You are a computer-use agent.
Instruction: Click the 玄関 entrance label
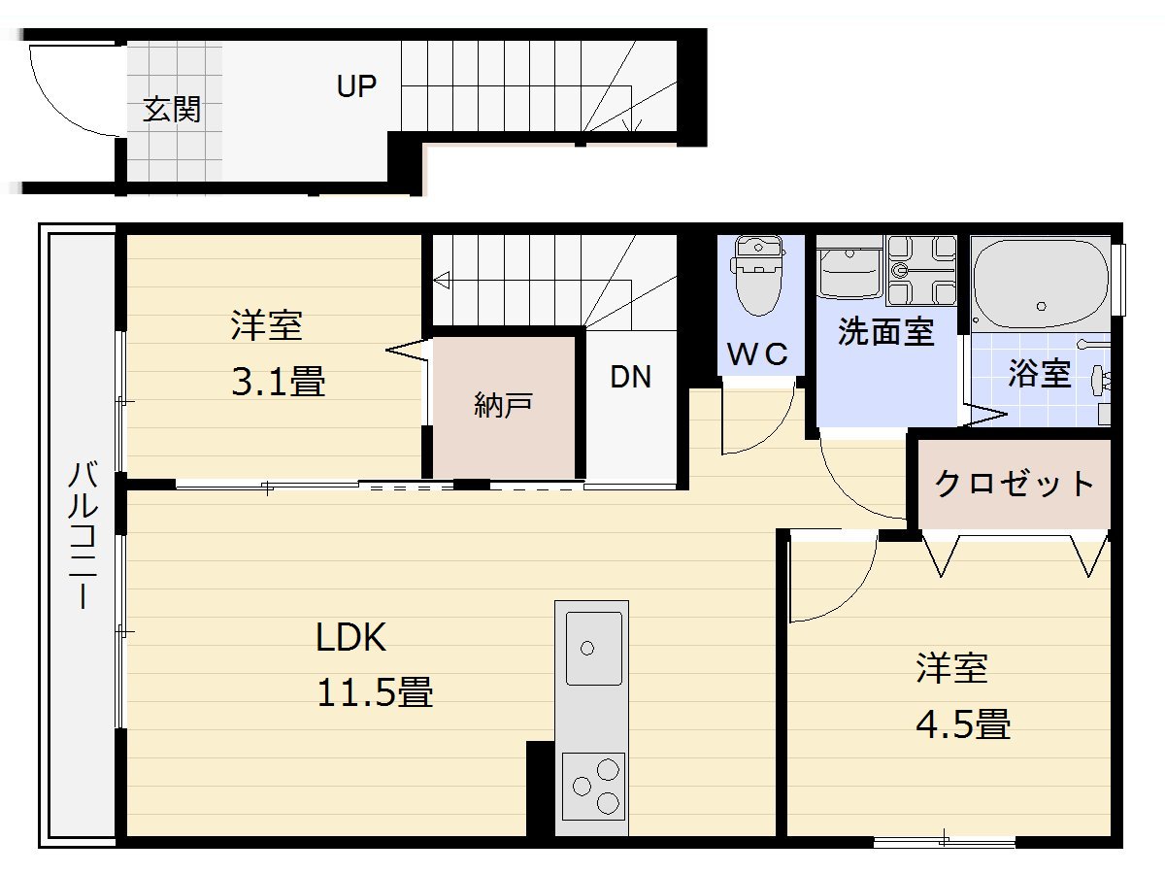tap(172, 110)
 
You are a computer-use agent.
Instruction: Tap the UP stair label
tap(356, 86)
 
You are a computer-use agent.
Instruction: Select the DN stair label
tap(630, 377)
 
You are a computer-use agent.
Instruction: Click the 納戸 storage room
tap(503, 406)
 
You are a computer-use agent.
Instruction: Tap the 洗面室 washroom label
tap(885, 333)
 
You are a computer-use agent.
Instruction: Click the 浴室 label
tap(1039, 374)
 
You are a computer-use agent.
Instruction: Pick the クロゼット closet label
tap(1015, 483)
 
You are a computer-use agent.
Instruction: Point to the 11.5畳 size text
tap(374, 693)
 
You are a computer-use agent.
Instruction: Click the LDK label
tap(351, 638)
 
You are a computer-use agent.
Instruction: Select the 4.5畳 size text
tap(963, 724)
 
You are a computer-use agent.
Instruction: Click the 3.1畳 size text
tap(278, 382)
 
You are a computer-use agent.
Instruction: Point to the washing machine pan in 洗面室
tap(921, 271)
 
